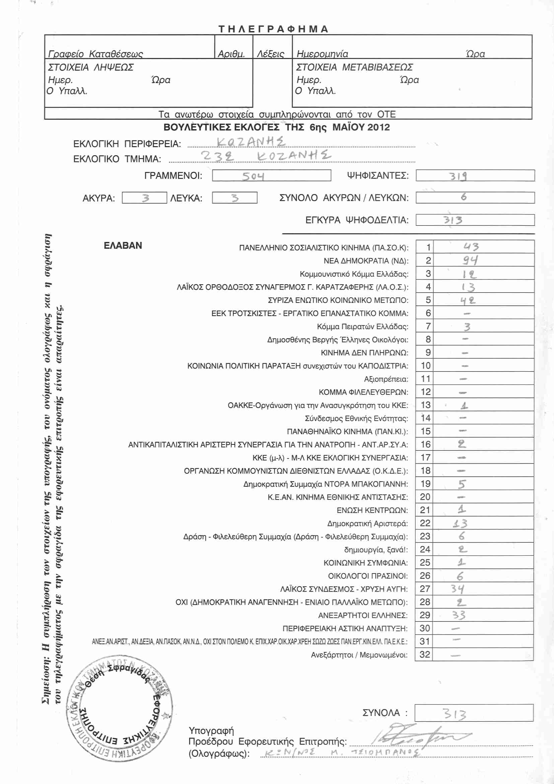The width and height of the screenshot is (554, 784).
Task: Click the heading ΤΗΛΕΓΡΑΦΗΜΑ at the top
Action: (x=273, y=29)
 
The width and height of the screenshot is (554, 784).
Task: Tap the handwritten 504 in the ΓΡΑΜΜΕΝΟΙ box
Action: (x=253, y=176)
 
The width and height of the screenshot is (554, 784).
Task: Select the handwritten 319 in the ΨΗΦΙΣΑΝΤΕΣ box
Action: (x=458, y=176)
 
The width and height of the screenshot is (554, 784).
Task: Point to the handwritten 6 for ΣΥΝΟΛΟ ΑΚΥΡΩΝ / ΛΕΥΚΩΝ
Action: (x=464, y=197)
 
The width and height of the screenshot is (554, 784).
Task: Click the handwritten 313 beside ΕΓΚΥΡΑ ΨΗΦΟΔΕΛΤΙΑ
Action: (x=453, y=220)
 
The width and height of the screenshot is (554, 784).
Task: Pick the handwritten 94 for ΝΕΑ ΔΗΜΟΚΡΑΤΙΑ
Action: (x=470, y=260)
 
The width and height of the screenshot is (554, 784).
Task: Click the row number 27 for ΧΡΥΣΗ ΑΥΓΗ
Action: (x=425, y=589)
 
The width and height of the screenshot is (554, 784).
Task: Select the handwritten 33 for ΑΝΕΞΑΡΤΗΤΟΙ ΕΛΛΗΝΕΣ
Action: (x=459, y=615)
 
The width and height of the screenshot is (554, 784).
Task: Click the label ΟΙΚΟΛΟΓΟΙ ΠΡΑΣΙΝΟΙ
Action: (x=368, y=576)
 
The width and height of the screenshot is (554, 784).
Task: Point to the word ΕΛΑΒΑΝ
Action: (x=123, y=245)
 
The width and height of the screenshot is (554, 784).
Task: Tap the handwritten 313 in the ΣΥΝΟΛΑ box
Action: (x=455, y=714)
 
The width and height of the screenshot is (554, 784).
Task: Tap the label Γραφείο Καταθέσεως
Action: (x=95, y=54)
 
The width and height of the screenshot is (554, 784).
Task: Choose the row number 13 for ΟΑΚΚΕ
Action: (x=425, y=405)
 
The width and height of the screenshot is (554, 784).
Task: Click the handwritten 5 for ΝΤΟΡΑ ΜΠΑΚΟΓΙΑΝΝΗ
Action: (x=462, y=484)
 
